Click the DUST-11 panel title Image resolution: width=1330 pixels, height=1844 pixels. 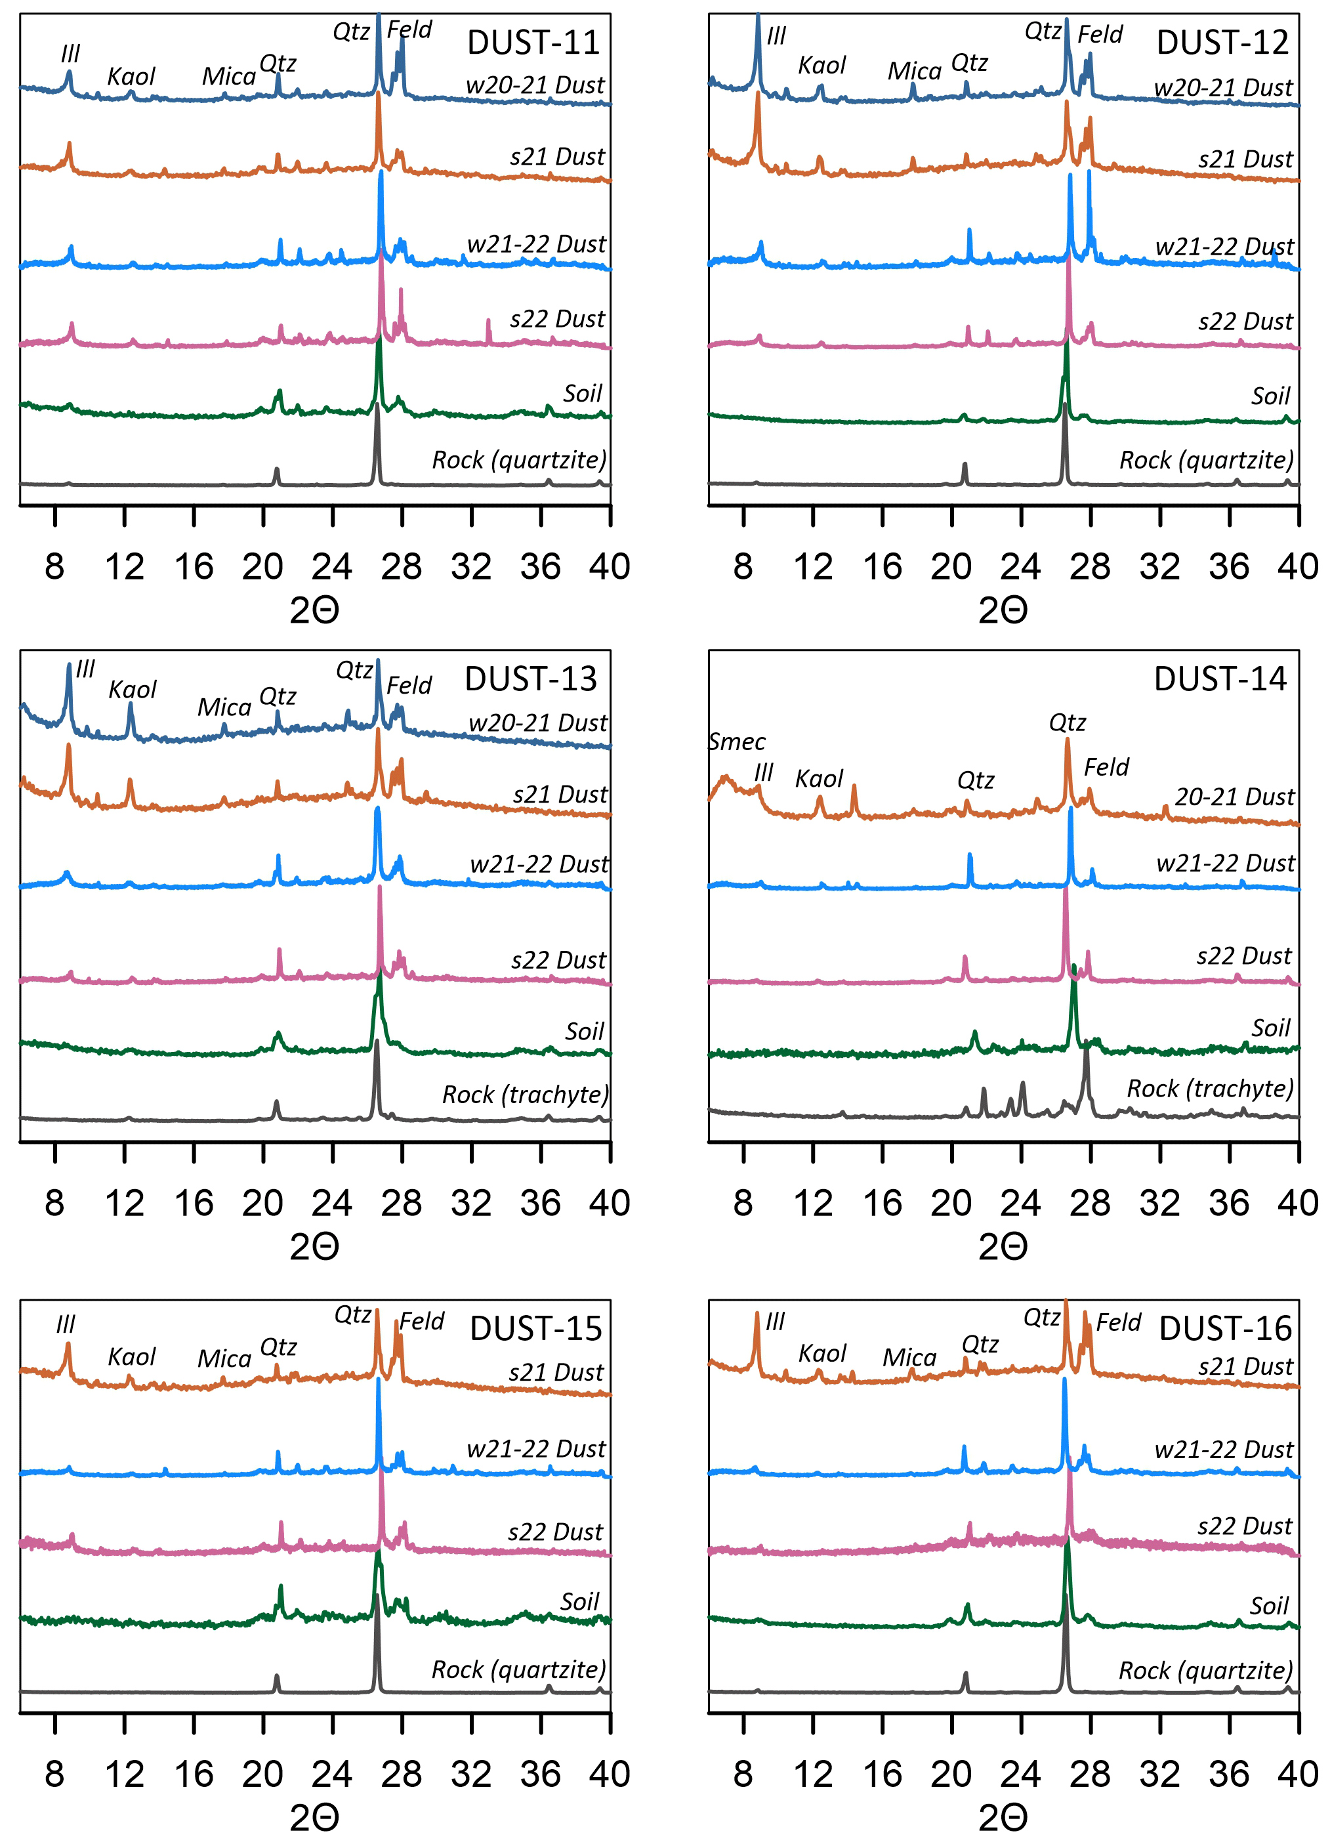coord(533,42)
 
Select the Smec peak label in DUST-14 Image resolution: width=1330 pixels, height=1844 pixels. coord(737,742)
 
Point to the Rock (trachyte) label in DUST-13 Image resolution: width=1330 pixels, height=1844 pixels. coord(525,1095)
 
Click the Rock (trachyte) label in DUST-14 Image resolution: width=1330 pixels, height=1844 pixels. coord(1210,1088)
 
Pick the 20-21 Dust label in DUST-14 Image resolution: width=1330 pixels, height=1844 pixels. coord(1234,796)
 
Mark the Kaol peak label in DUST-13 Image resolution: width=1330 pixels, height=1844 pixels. coord(132,690)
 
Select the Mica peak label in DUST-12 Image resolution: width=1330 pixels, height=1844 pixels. coord(914,72)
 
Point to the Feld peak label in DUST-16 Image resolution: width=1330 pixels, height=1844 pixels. coord(1119,1322)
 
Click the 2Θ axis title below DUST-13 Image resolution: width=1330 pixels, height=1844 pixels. coord(314,1246)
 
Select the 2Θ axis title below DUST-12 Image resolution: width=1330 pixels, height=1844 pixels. coord(1003,610)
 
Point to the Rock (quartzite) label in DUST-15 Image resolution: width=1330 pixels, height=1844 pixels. coord(518,1669)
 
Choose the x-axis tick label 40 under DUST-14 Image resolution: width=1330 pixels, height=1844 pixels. coord(1297,1204)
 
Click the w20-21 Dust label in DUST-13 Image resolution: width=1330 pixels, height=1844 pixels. coord(537,722)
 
